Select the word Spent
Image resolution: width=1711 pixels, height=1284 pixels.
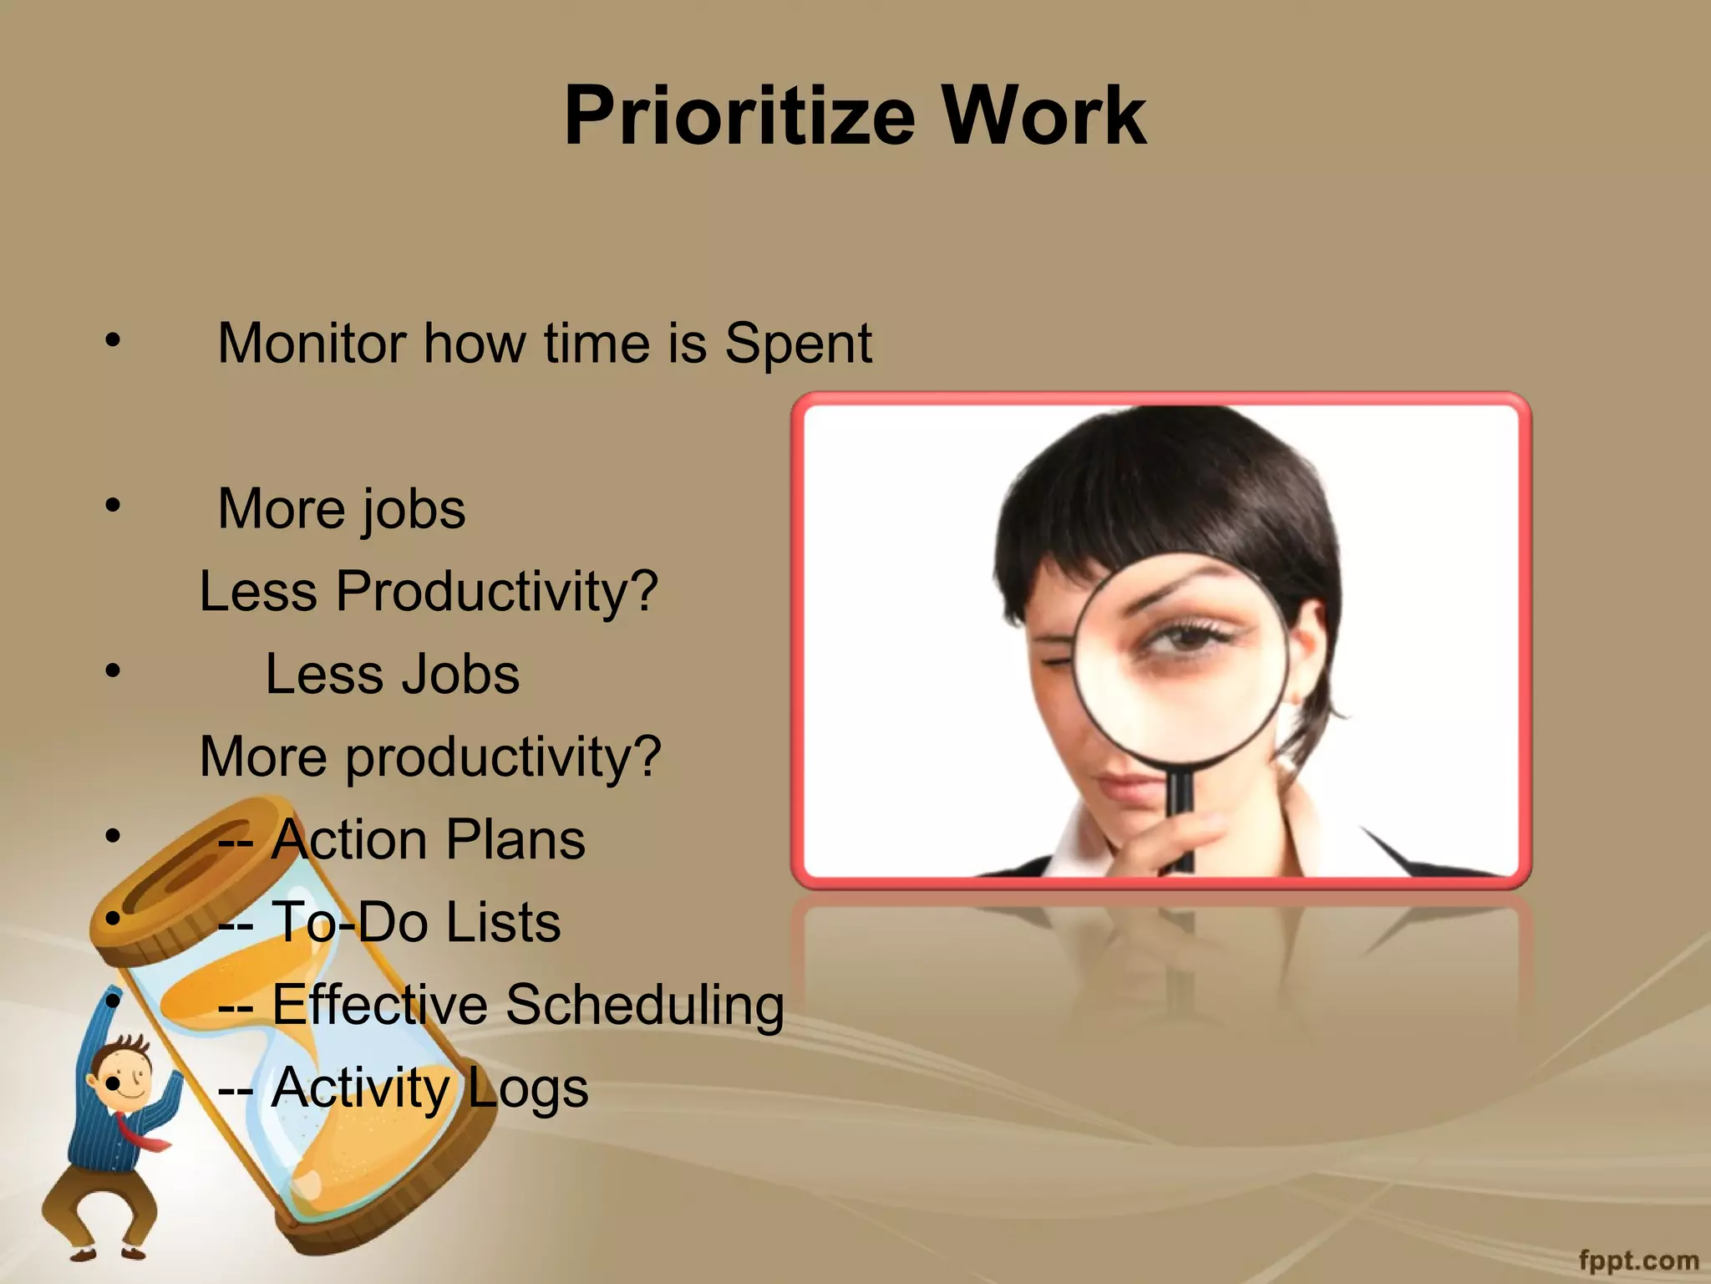798,343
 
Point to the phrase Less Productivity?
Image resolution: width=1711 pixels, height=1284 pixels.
429,591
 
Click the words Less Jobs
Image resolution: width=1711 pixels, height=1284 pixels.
392,674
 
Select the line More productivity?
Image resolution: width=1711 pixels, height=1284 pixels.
430,757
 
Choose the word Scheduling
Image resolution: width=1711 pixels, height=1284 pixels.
644,1004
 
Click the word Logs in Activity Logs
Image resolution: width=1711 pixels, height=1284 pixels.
526,1088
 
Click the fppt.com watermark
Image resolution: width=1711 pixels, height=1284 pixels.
1638,1260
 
